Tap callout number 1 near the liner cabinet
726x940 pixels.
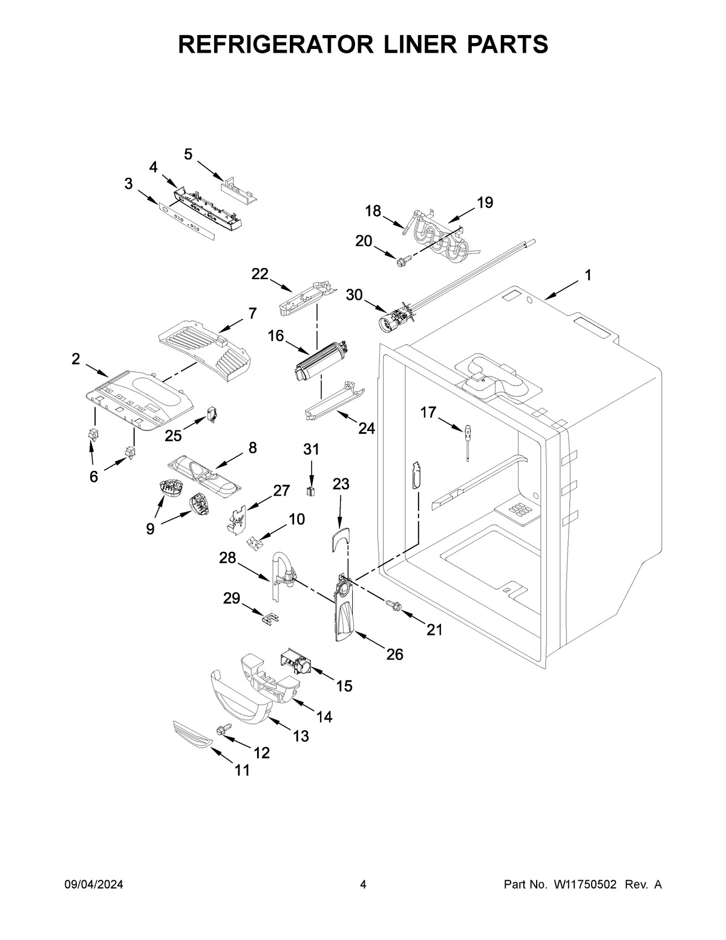(587, 275)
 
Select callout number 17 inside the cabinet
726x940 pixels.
(428, 413)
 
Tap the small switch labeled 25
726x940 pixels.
(213, 415)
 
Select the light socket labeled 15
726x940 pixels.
(296, 663)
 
